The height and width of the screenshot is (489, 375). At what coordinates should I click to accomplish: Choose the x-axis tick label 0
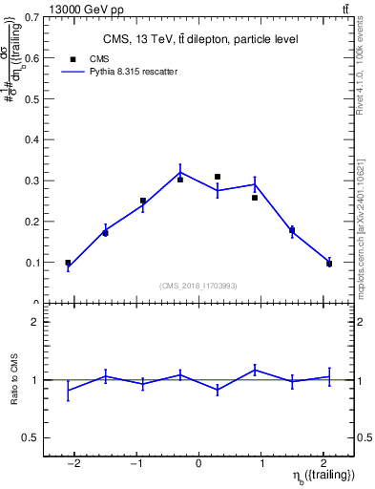[198, 464]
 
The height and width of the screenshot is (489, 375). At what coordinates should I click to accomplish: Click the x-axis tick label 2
[324, 464]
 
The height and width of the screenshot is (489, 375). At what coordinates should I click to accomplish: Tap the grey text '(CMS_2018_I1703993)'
[198, 286]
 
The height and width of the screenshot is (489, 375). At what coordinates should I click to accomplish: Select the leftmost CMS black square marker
[68, 263]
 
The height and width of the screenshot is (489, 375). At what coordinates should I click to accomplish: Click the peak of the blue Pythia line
[180, 173]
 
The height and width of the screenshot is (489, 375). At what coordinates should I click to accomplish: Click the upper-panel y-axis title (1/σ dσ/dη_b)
[13, 66]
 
